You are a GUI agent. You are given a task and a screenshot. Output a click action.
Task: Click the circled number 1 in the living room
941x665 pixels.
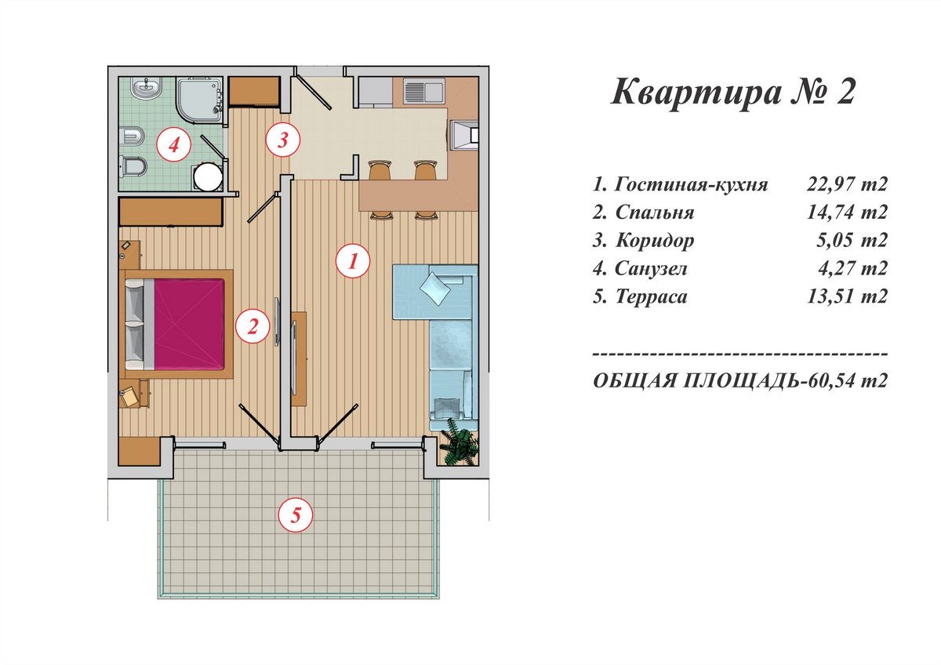point(353,261)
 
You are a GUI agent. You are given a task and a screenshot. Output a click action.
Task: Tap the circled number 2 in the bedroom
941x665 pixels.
point(253,326)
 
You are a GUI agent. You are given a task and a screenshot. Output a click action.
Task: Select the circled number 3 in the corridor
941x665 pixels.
point(283,140)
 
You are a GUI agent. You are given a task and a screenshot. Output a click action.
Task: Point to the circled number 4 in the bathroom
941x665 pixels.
point(173,145)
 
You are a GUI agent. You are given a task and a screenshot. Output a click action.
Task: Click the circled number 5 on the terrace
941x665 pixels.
point(296,514)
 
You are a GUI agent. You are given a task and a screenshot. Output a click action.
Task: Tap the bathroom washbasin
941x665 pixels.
point(147,89)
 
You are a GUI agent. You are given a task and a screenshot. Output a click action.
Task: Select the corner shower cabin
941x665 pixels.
point(199,101)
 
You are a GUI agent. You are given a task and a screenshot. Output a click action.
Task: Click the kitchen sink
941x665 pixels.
point(424,92)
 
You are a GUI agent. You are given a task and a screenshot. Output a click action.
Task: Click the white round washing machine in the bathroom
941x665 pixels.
point(208,177)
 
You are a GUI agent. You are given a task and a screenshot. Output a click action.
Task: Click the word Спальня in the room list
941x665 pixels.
point(655,213)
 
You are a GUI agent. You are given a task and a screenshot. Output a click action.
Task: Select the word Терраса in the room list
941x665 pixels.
point(651,296)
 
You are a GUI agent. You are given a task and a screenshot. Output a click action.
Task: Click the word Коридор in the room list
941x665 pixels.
point(655,241)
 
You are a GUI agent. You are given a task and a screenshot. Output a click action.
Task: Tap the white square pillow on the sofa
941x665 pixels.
point(434,288)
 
